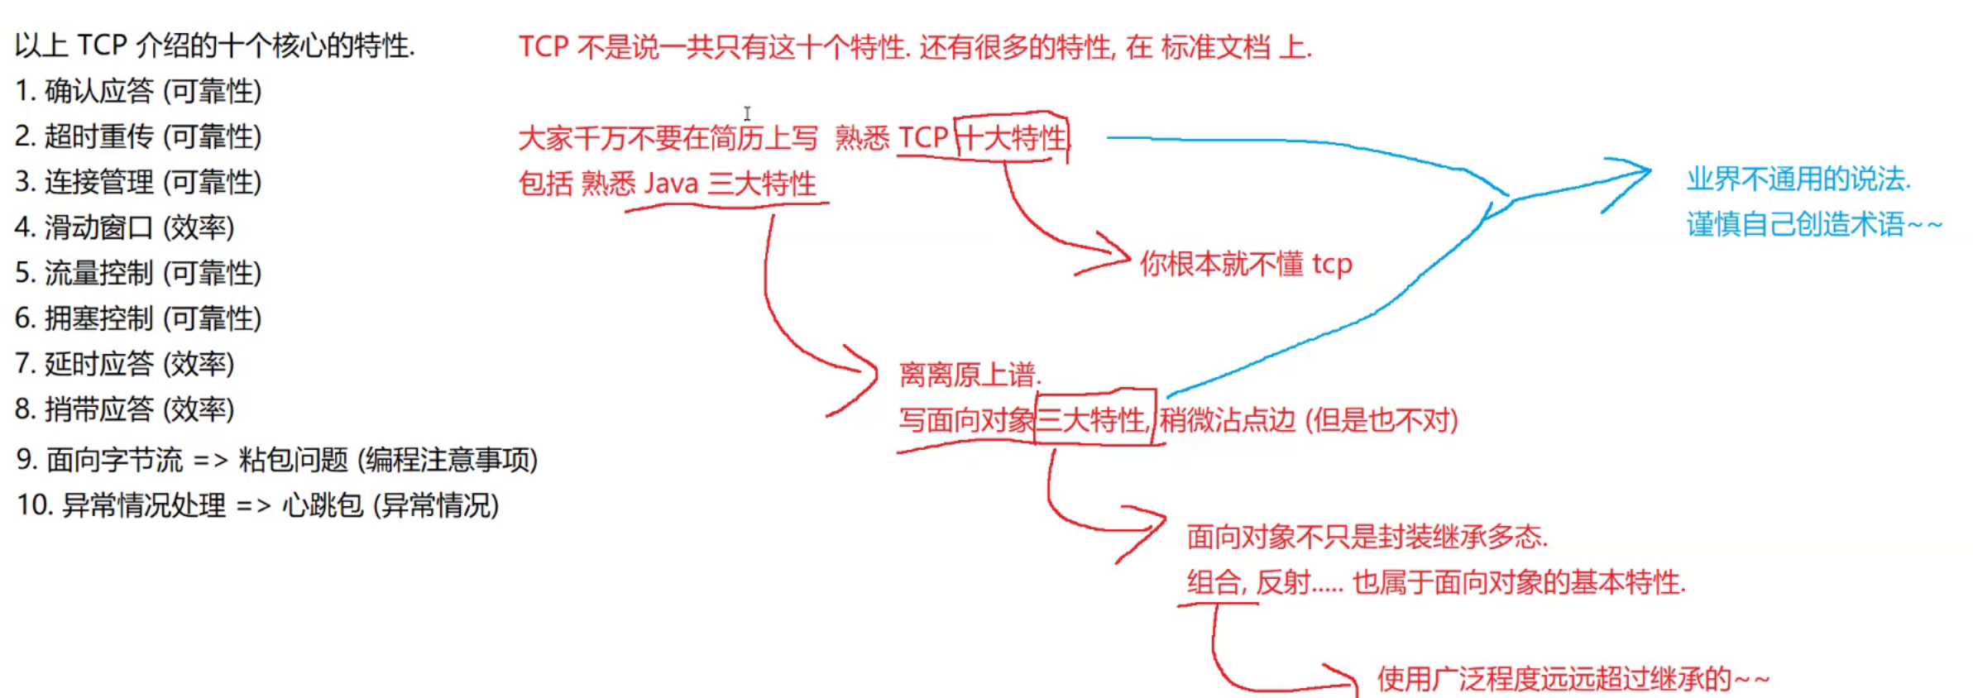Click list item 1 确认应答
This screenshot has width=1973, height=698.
pyautogui.click(x=99, y=91)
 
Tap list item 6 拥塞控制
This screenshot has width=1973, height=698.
pyautogui.click(x=99, y=318)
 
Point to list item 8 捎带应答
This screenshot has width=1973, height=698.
pyautogui.click(x=99, y=409)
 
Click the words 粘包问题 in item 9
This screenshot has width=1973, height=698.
pyautogui.click(x=294, y=460)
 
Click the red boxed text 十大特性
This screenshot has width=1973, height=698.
pyautogui.click(x=1013, y=138)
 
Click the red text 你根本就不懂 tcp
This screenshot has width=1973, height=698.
pyautogui.click(x=1246, y=264)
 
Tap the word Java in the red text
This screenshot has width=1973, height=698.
pyautogui.click(x=671, y=183)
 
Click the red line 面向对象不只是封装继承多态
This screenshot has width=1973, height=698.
pyautogui.click(x=1367, y=537)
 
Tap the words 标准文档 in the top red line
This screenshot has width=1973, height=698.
pyautogui.click(x=1215, y=47)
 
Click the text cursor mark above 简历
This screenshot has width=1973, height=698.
pyautogui.click(x=747, y=113)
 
